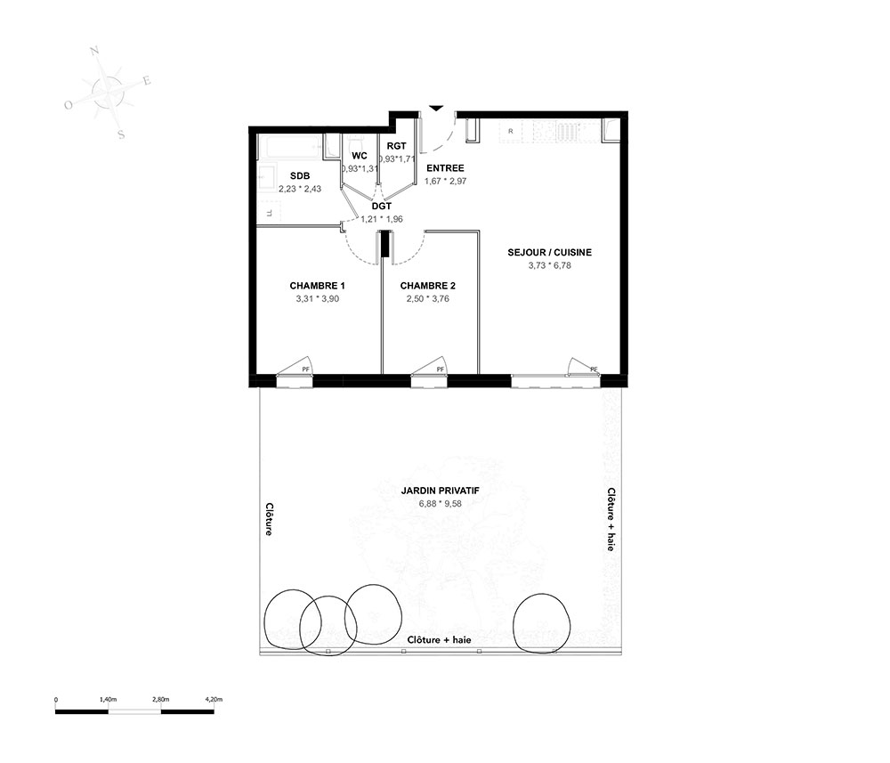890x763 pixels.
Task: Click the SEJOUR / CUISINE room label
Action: click(x=549, y=253)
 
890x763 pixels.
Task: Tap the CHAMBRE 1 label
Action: click(x=318, y=286)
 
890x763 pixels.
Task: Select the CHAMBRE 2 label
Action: click(x=428, y=286)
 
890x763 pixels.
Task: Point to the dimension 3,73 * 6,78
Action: click(x=549, y=265)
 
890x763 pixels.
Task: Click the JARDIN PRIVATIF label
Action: click(x=441, y=491)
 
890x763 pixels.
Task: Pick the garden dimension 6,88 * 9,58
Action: click(x=441, y=504)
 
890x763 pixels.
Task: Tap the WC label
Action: click(x=360, y=156)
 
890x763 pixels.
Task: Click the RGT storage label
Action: click(x=397, y=146)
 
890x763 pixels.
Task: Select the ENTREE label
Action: click(x=446, y=168)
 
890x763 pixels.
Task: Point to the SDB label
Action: click(x=300, y=176)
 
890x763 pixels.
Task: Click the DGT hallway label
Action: click(x=382, y=207)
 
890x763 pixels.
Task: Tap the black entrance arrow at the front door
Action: click(x=436, y=108)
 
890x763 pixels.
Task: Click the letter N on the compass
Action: click(x=95, y=52)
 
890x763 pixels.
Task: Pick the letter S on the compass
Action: click(x=121, y=135)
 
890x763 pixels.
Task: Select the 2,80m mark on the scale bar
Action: click(x=160, y=700)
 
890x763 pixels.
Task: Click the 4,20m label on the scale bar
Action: click(x=214, y=700)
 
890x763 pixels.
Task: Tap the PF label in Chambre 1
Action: click(x=306, y=369)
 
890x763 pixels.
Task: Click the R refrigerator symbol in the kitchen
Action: click(x=510, y=131)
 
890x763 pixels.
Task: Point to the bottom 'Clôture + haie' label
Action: click(x=440, y=640)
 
